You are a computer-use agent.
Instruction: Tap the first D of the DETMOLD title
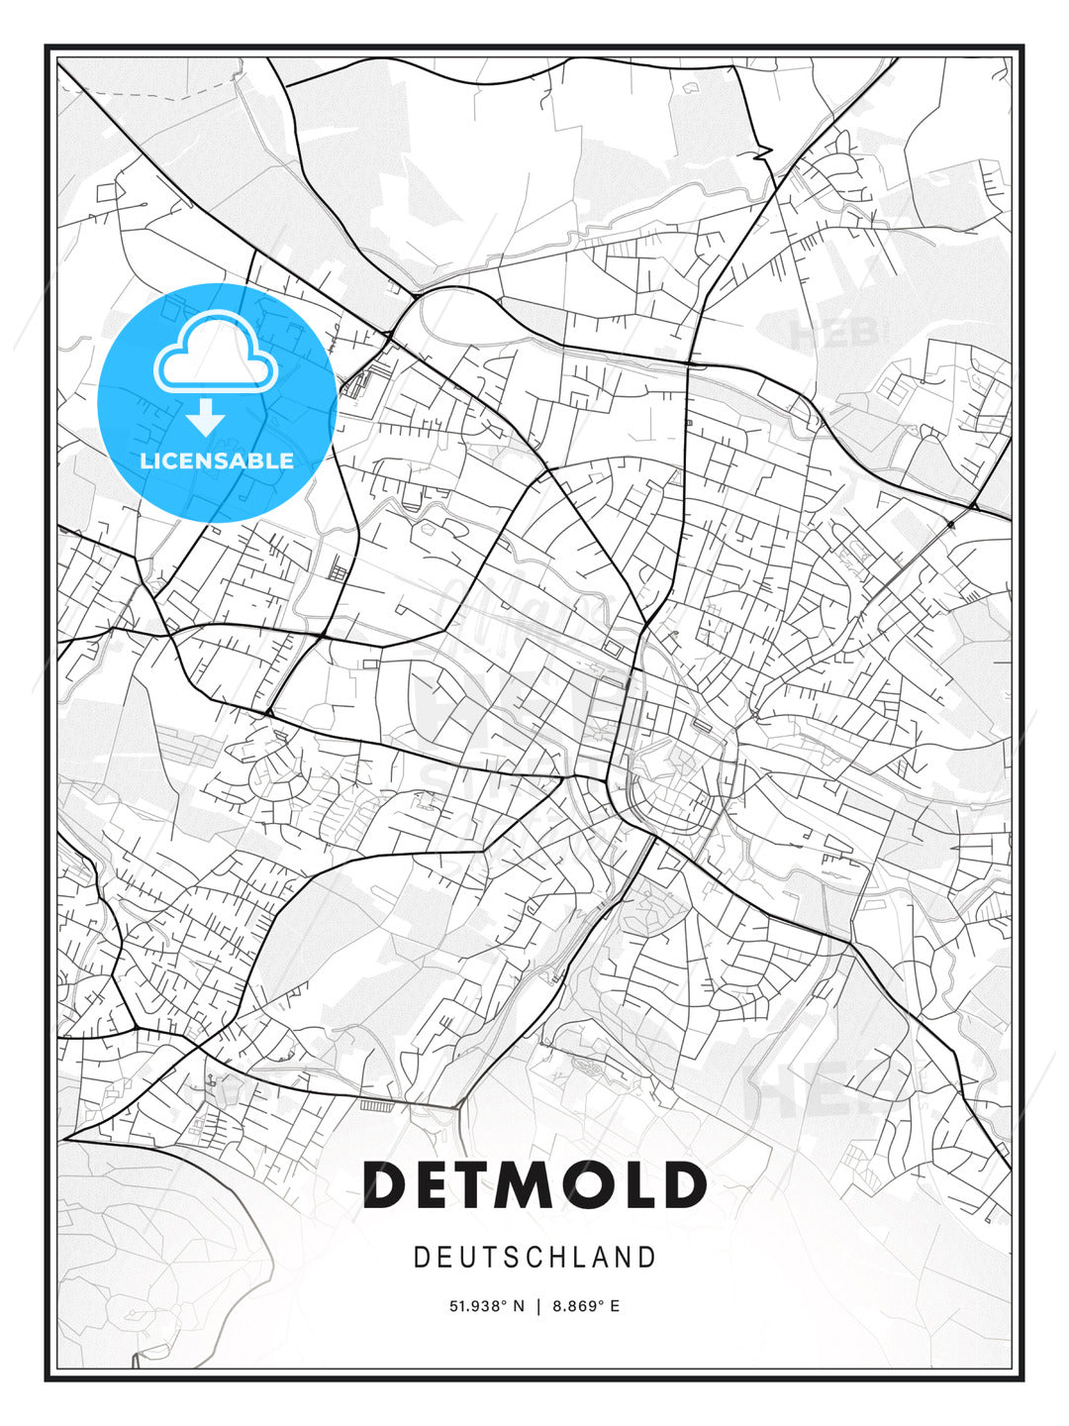coord(389,1184)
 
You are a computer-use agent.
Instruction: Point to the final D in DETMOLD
coord(683,1184)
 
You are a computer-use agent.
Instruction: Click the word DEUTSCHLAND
coord(534,1258)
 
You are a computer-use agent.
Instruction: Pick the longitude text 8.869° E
coord(586,1306)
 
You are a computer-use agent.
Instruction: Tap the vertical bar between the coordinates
coord(538,1306)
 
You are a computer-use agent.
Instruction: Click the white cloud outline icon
coord(214,354)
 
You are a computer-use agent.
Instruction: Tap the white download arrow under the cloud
coord(206,417)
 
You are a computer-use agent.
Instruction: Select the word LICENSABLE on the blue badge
coord(217,460)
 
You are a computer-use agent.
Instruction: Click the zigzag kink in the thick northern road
coord(762,153)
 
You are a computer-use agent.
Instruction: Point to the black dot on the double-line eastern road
coord(950,523)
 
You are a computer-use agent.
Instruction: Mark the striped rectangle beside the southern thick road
coord(377,1104)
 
